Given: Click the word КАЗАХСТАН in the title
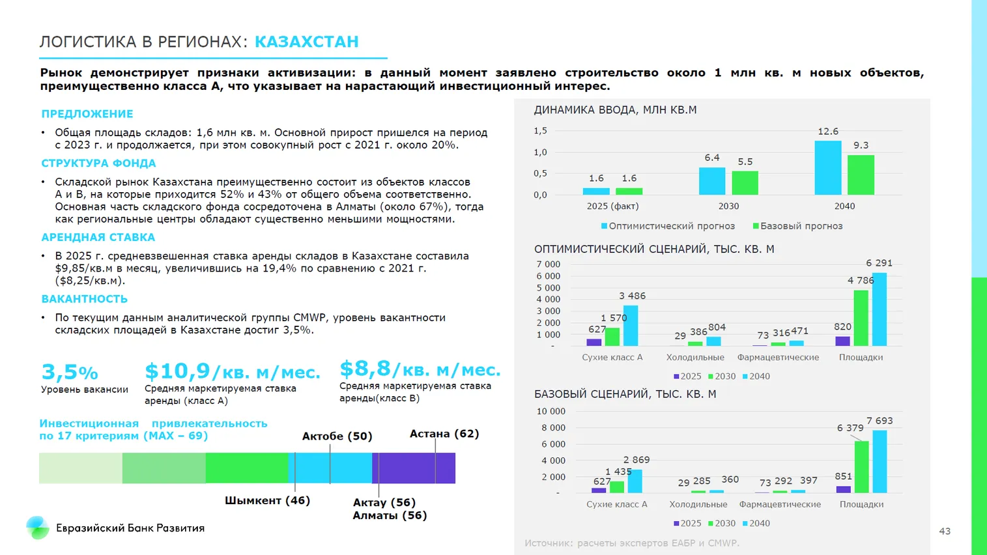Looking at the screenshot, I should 306,42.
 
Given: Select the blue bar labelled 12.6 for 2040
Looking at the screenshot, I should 827,167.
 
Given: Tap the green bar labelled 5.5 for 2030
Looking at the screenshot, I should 745,182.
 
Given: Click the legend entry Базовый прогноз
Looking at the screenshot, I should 801,226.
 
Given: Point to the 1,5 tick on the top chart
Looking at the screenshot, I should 540,131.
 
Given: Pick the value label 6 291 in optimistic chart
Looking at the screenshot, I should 879,263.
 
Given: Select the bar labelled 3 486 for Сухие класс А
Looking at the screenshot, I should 630,325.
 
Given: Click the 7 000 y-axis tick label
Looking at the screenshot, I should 548,264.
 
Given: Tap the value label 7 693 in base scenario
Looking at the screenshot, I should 880,421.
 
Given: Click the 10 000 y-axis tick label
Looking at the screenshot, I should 551,411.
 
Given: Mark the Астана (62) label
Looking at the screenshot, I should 444,434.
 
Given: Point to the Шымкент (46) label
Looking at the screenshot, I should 267,500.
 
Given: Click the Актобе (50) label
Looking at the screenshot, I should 337,436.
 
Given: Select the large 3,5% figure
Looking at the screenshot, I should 69,372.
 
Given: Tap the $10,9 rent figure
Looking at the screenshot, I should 177,371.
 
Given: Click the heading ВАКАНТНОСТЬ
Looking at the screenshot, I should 84,299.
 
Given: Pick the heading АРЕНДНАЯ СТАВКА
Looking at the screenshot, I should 98,238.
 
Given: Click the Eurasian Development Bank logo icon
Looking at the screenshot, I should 37,528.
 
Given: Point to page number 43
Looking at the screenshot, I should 944,532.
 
